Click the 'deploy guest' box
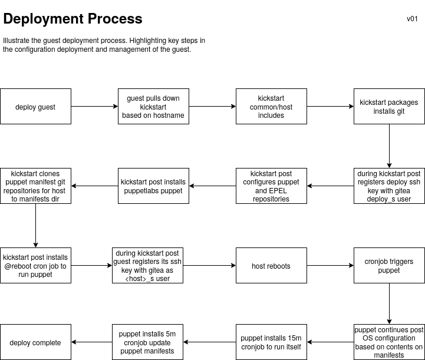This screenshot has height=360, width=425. pyautogui.click(x=35, y=106)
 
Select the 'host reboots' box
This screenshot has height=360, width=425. pyautogui.click(x=271, y=266)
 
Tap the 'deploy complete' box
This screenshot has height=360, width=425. pyautogui.click(x=35, y=342)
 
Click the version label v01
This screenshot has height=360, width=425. pyautogui.click(x=412, y=19)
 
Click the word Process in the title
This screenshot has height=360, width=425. pyautogui.click(x=115, y=19)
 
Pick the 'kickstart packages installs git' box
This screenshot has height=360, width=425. pyautogui.click(x=389, y=106)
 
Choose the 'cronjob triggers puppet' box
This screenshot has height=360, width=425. pyautogui.click(x=389, y=266)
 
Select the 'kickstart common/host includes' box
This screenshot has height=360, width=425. pyautogui.click(x=271, y=106)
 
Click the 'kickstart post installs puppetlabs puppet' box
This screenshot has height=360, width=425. pyautogui.click(x=153, y=186)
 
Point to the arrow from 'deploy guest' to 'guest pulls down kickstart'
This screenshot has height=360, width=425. pyautogui.click(x=94, y=106)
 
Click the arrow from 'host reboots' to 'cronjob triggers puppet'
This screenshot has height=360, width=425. pyautogui.click(x=331, y=266)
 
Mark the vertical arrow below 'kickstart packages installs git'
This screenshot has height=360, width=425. pyautogui.click(x=389, y=146)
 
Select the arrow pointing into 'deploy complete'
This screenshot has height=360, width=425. pyautogui.click(x=92, y=342)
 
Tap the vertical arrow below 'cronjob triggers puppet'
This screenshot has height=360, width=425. pyautogui.click(x=389, y=303)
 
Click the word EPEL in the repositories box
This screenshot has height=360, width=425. pyautogui.click(x=279, y=191)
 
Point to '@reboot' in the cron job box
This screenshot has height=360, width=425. pyautogui.click(x=17, y=266)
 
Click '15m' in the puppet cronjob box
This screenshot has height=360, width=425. pyautogui.click(x=294, y=338)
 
